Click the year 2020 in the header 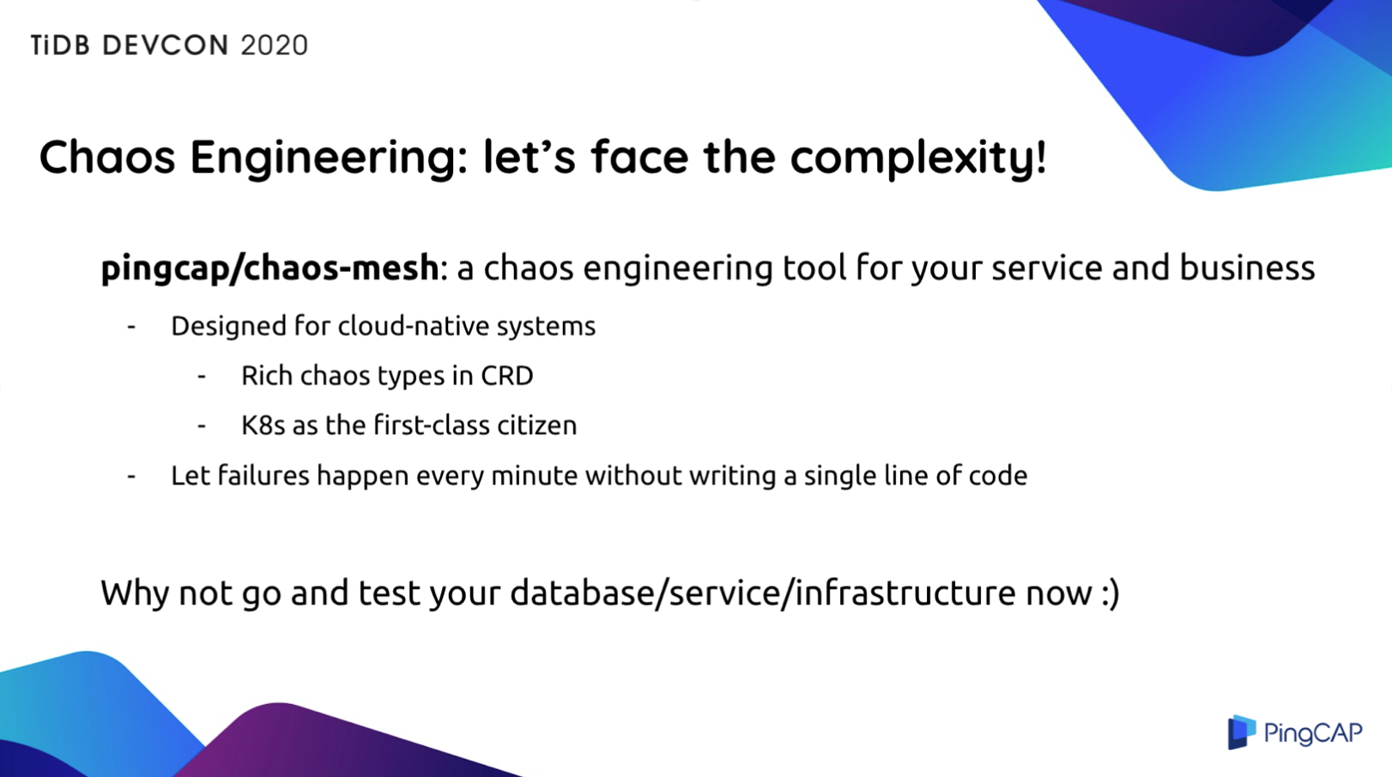coord(274,45)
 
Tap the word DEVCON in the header coord(166,45)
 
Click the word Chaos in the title coord(107,157)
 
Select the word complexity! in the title coord(918,157)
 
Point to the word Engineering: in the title coord(329,157)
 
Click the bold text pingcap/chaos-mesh coord(269,268)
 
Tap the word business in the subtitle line coord(1247,268)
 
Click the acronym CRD coord(507,376)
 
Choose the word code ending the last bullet coord(998,475)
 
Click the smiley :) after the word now coord(1110,593)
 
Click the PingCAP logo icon coord(1241,732)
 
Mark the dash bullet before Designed coord(131,327)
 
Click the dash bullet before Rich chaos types coord(202,376)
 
